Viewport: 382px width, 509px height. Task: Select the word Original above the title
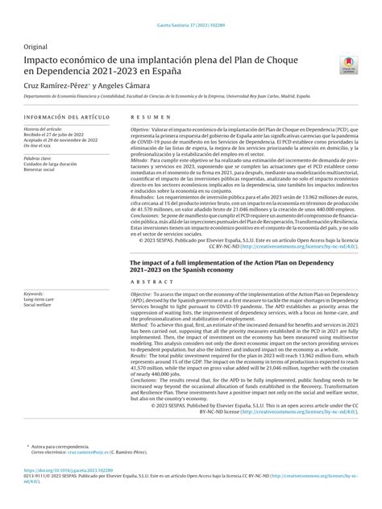tap(36, 47)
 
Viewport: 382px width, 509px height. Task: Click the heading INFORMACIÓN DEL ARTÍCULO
tap(58, 119)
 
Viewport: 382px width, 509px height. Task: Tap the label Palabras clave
tap(39, 159)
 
